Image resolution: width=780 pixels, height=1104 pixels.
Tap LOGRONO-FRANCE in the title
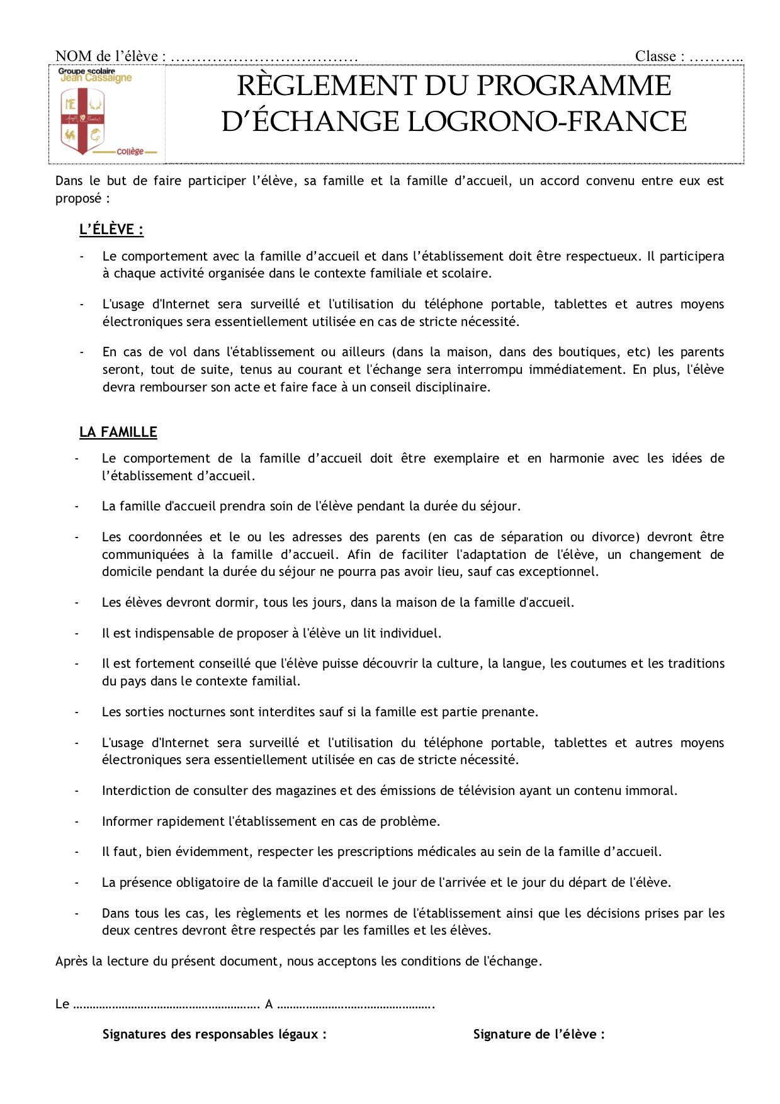(547, 121)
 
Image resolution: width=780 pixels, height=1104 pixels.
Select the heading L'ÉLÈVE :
(111, 230)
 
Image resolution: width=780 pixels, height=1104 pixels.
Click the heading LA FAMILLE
(118, 432)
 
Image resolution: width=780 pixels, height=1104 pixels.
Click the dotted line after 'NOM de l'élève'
(264, 57)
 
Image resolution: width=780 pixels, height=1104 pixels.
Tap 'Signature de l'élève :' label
(538, 1034)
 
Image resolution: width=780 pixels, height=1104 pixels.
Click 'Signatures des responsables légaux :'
(215, 1034)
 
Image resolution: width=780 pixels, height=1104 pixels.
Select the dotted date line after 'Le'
(166, 1004)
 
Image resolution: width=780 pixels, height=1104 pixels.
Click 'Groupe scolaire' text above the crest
(87, 71)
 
